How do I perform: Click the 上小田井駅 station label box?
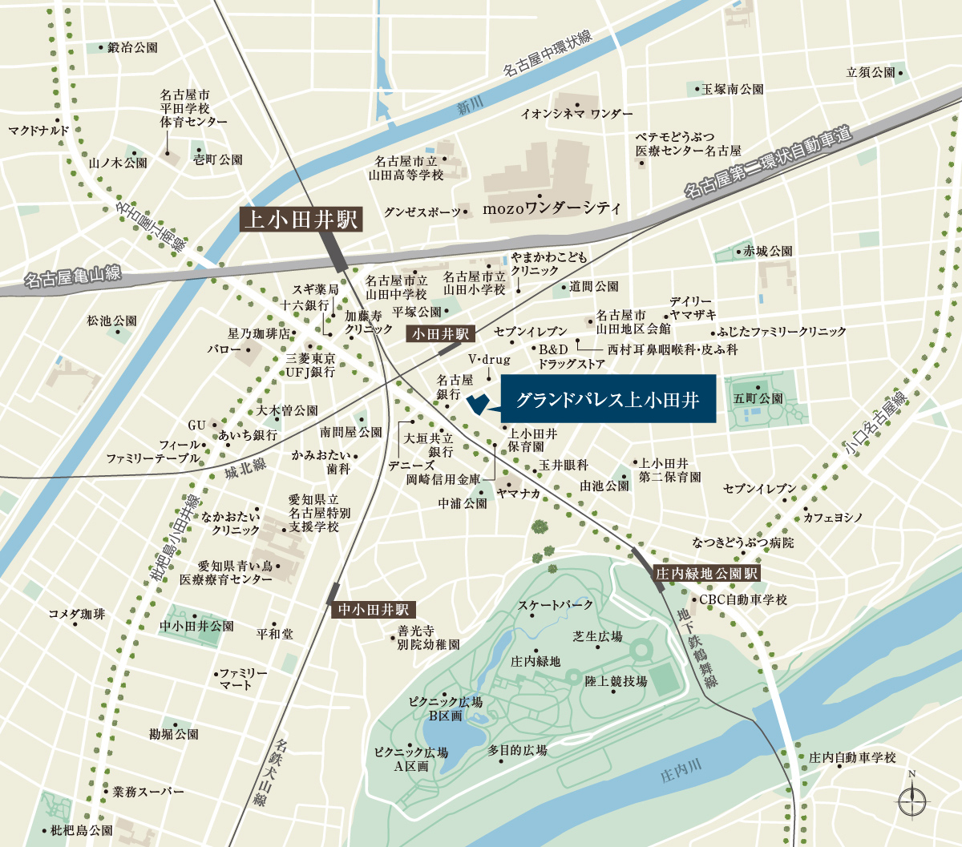(x=301, y=219)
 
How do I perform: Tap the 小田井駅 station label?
(x=440, y=333)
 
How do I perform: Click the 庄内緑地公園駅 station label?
(x=706, y=574)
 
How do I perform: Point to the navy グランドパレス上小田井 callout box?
(x=608, y=399)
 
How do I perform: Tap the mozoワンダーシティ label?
(x=552, y=209)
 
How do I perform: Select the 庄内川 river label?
(x=681, y=772)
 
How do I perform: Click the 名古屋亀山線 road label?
(x=72, y=276)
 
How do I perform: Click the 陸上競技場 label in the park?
(x=616, y=681)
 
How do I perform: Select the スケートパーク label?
(x=556, y=605)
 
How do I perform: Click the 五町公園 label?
(x=758, y=398)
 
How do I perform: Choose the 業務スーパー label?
(x=148, y=792)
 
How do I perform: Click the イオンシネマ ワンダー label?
(x=576, y=114)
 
